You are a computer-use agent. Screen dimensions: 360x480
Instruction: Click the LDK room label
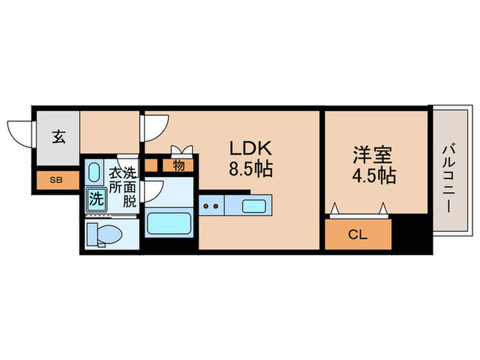(251, 148)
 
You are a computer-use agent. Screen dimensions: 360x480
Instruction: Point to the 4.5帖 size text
(373, 176)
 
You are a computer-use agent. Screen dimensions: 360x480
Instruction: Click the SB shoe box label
(55, 180)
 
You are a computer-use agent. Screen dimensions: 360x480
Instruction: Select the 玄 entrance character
(58, 136)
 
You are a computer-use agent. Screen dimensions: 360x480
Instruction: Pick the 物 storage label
(179, 165)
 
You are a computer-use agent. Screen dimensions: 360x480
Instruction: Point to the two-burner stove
(211, 204)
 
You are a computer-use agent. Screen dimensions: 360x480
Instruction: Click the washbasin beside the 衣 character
(95, 174)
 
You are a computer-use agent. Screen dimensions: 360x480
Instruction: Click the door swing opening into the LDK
(156, 125)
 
